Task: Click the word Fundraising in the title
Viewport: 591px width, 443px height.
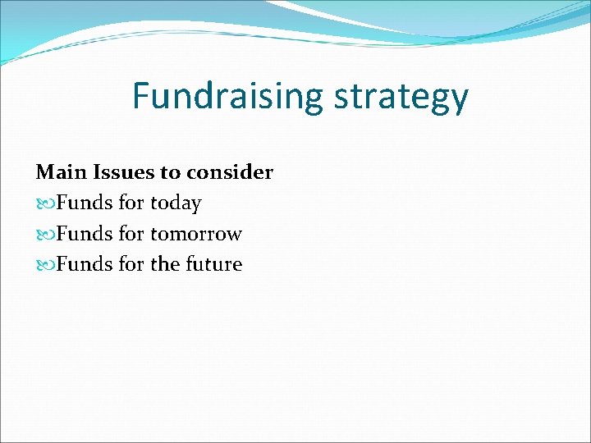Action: click(x=228, y=97)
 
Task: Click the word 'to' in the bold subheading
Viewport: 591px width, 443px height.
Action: click(x=172, y=172)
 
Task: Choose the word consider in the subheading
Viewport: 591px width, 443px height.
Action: click(x=230, y=172)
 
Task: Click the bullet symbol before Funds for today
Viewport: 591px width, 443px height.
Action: click(x=45, y=203)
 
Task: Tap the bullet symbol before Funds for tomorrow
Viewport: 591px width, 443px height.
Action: click(x=45, y=234)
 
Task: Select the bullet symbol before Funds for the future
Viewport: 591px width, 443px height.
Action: click(x=45, y=264)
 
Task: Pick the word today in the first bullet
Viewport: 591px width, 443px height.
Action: click(x=176, y=203)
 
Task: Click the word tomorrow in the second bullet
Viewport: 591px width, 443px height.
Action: click(x=196, y=234)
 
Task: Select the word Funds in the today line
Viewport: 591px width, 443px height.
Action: click(x=85, y=203)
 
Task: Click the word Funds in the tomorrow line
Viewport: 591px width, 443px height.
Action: click(x=85, y=234)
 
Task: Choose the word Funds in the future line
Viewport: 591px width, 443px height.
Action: click(x=85, y=264)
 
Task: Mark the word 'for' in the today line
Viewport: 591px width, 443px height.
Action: click(x=131, y=203)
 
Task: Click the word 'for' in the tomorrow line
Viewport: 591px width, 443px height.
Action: click(x=131, y=234)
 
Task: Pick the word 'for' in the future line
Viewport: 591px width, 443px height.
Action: click(x=131, y=264)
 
